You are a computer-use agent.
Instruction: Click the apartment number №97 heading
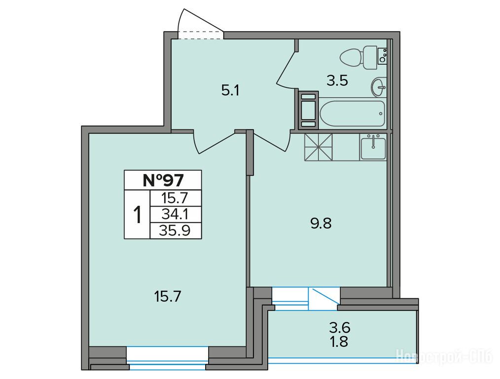[x=163, y=180]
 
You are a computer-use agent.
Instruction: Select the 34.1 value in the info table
[x=176, y=214]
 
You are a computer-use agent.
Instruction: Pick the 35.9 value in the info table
[x=176, y=230]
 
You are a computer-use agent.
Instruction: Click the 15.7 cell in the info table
[x=176, y=198]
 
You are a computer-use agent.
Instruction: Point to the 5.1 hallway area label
[x=230, y=91]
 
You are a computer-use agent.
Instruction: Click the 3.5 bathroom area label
[x=337, y=81]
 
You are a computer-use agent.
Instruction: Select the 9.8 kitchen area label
[x=321, y=224]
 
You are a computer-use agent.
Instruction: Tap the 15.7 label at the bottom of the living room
[x=168, y=297]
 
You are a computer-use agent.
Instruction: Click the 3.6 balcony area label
[x=340, y=327]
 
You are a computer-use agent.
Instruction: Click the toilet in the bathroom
[x=359, y=58]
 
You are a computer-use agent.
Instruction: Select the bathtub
[x=352, y=114]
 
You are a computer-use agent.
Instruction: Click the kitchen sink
[x=373, y=147]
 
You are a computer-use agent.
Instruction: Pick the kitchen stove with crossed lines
[x=318, y=147]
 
